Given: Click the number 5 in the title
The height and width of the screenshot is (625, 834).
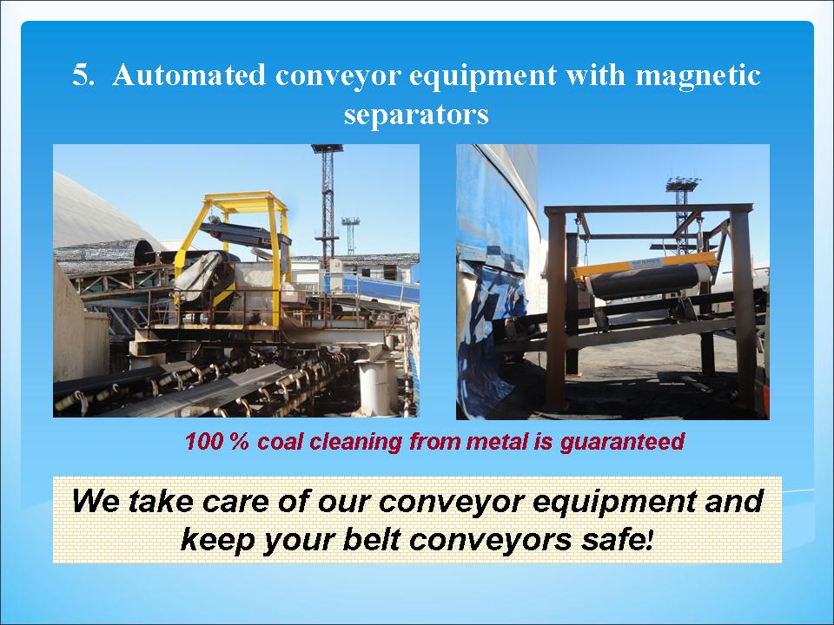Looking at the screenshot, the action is (82, 75).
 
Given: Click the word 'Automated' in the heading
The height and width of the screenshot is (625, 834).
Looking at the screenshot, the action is (189, 75).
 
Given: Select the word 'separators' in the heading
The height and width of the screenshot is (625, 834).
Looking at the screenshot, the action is (416, 115).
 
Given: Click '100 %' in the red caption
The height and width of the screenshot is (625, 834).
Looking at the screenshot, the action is (216, 441).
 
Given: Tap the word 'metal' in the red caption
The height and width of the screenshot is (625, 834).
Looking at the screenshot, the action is (499, 441).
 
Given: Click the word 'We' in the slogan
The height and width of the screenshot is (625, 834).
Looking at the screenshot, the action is (96, 501).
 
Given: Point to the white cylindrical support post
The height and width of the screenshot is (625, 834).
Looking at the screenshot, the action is (375, 387).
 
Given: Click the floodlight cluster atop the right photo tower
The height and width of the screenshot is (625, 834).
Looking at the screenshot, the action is (683, 184).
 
